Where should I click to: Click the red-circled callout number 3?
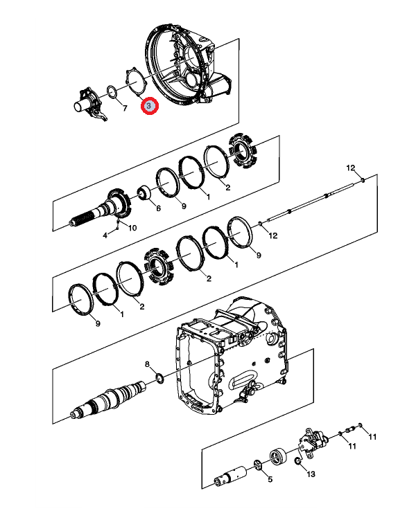pos(150,106)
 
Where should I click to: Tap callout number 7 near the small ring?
pos(125,108)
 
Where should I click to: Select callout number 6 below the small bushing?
pos(158,208)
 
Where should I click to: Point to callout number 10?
pos(132,228)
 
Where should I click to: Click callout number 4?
pos(105,235)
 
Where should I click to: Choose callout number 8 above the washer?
pos(147,364)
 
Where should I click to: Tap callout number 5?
pos(270,479)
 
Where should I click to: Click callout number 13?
pos(311,474)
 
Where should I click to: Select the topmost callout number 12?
pos(351,168)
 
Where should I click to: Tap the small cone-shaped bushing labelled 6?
pos(144,193)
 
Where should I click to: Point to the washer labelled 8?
pos(159,379)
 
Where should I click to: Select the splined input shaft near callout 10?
pos(100,210)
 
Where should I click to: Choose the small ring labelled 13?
pos(298,460)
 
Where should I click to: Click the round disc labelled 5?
pos(257,465)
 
